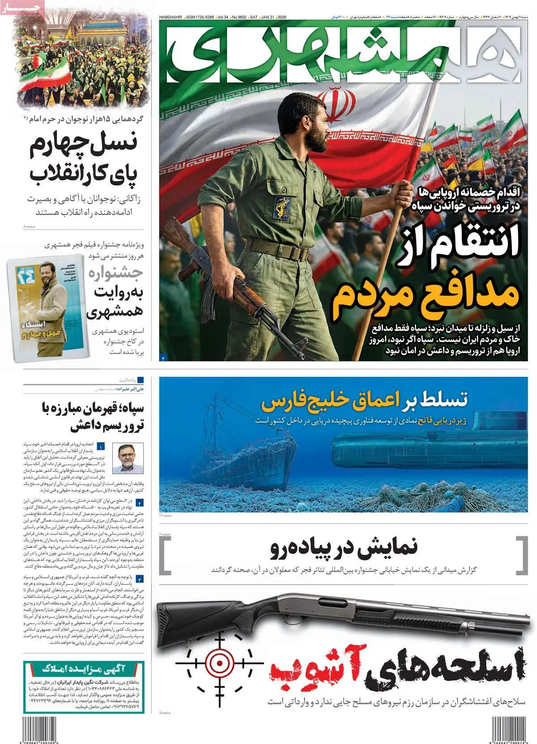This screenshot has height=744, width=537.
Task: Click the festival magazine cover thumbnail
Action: click(45, 309)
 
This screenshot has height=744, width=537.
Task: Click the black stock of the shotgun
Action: click(201, 627)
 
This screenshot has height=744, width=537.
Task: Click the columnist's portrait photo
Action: click(127, 458)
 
